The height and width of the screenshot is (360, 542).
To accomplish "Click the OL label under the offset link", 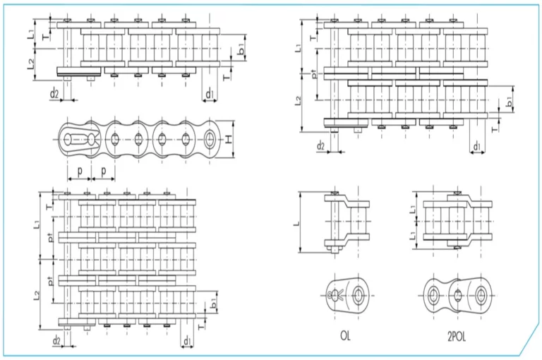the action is click(x=345, y=335).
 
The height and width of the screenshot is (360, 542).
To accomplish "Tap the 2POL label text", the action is click(x=457, y=337).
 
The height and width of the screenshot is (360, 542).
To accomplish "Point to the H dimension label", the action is click(x=229, y=139).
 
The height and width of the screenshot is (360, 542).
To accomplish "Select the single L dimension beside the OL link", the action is click(x=297, y=222).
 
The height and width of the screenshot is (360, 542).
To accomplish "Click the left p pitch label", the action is click(x=80, y=171).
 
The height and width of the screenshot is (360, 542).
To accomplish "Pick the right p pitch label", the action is click(x=103, y=171).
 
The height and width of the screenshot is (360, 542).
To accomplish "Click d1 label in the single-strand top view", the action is click(x=210, y=93).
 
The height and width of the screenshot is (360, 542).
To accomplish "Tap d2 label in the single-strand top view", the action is click(x=54, y=93).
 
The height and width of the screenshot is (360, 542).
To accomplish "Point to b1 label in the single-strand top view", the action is click(x=241, y=49).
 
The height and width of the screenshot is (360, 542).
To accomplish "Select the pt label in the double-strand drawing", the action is click(x=313, y=74).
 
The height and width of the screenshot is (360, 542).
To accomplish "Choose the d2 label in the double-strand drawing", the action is click(x=321, y=145).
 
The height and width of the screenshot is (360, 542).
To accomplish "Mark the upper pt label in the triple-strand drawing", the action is click(x=51, y=238).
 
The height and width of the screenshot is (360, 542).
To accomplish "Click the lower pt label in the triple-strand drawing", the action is click(x=51, y=281).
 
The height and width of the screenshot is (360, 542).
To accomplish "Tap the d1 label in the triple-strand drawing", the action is click(x=187, y=341).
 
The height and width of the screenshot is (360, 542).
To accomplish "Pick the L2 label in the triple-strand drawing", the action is click(x=37, y=294).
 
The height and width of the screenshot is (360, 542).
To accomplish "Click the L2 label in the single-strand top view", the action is click(x=31, y=64).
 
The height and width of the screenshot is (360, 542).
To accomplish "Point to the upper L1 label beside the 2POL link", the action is click(x=413, y=209).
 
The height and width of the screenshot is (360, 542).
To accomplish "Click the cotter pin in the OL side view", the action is click(x=333, y=295).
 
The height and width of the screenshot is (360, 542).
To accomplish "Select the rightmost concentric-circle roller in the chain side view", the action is click(x=209, y=139).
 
